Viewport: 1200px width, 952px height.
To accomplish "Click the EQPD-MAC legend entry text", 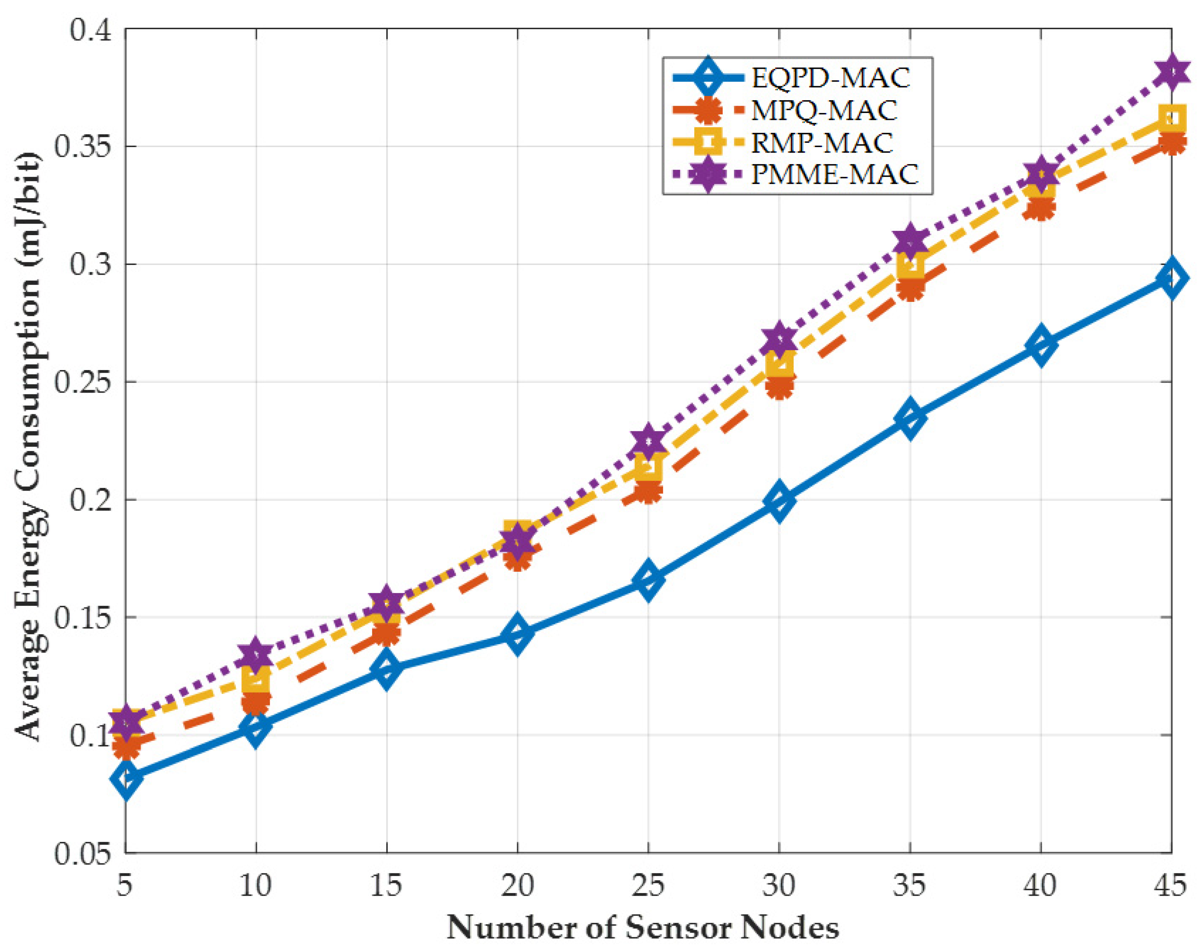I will [830, 78].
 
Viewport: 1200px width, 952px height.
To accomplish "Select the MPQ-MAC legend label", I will [824, 110].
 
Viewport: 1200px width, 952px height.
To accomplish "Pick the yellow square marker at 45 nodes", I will [1172, 118].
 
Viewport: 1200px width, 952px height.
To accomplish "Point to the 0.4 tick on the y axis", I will [89, 29].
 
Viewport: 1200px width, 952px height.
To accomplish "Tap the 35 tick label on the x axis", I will [909, 884].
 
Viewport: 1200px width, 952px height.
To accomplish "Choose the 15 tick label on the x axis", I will [386, 884].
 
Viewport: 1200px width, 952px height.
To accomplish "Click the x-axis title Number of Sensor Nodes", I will [643, 927].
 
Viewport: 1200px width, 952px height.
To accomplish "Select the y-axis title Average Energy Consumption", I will [29, 445].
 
